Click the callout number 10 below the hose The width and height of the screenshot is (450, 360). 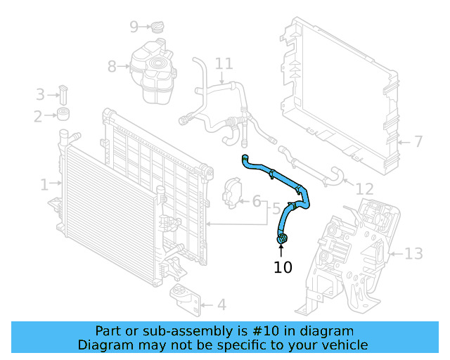click(x=283, y=267)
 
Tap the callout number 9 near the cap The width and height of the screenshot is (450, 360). click(x=134, y=27)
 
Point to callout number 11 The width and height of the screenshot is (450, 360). click(x=223, y=64)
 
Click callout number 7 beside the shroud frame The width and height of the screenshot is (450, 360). click(x=418, y=142)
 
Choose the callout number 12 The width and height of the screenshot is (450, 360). click(x=364, y=188)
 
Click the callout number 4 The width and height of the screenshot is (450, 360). click(x=221, y=305)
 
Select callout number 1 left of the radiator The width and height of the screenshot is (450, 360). click(x=44, y=185)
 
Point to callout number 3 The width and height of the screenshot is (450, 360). click(x=40, y=94)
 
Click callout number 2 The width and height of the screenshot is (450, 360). click(x=39, y=116)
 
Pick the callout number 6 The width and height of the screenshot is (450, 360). click(x=257, y=202)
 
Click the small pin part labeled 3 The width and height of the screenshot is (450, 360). click(x=63, y=94)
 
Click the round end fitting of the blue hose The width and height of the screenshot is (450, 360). click(x=282, y=241)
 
